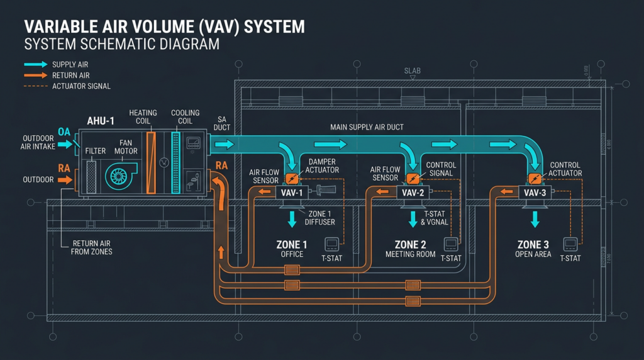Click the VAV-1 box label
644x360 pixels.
click(x=291, y=193)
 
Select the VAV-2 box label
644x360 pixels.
click(x=413, y=193)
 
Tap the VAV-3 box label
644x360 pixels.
click(x=535, y=193)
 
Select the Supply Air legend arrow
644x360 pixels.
click(x=35, y=64)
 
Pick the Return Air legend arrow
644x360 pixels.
click(x=35, y=75)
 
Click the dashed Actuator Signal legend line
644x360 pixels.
click(x=35, y=86)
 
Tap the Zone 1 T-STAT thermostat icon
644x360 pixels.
click(x=331, y=244)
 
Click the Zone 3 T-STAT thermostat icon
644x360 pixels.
click(x=570, y=244)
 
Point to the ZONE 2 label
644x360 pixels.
click(x=411, y=244)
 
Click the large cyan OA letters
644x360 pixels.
click(x=64, y=132)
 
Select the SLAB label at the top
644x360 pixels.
click(x=412, y=70)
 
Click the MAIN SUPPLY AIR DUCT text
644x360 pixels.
click(x=367, y=128)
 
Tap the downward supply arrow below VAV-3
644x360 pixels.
click(x=535, y=219)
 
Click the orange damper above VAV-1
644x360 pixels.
click(x=291, y=178)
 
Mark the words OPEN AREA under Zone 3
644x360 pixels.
click(x=533, y=254)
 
